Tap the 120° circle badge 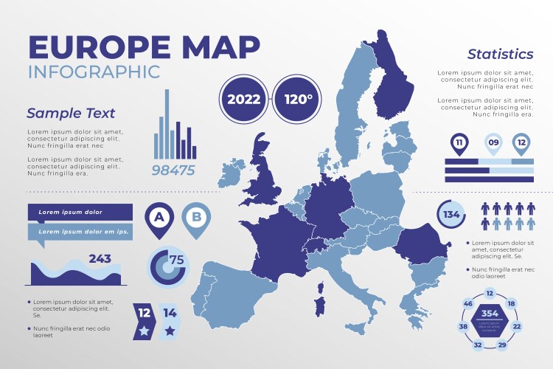click(x=296, y=99)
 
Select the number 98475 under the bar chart click(x=173, y=170)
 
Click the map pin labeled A click(x=158, y=218)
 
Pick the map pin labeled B click(x=196, y=218)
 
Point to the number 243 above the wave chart click(x=100, y=258)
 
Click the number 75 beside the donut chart click(x=177, y=260)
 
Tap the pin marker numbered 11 click(x=459, y=142)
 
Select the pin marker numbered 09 click(x=493, y=142)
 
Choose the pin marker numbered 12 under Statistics click(x=522, y=142)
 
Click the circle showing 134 click(x=451, y=215)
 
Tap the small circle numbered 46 click(x=467, y=303)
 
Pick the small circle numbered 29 click(x=502, y=345)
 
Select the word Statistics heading click(x=500, y=54)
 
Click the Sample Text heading click(x=71, y=114)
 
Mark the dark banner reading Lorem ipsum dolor click(x=80, y=213)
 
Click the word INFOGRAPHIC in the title click(x=94, y=72)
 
